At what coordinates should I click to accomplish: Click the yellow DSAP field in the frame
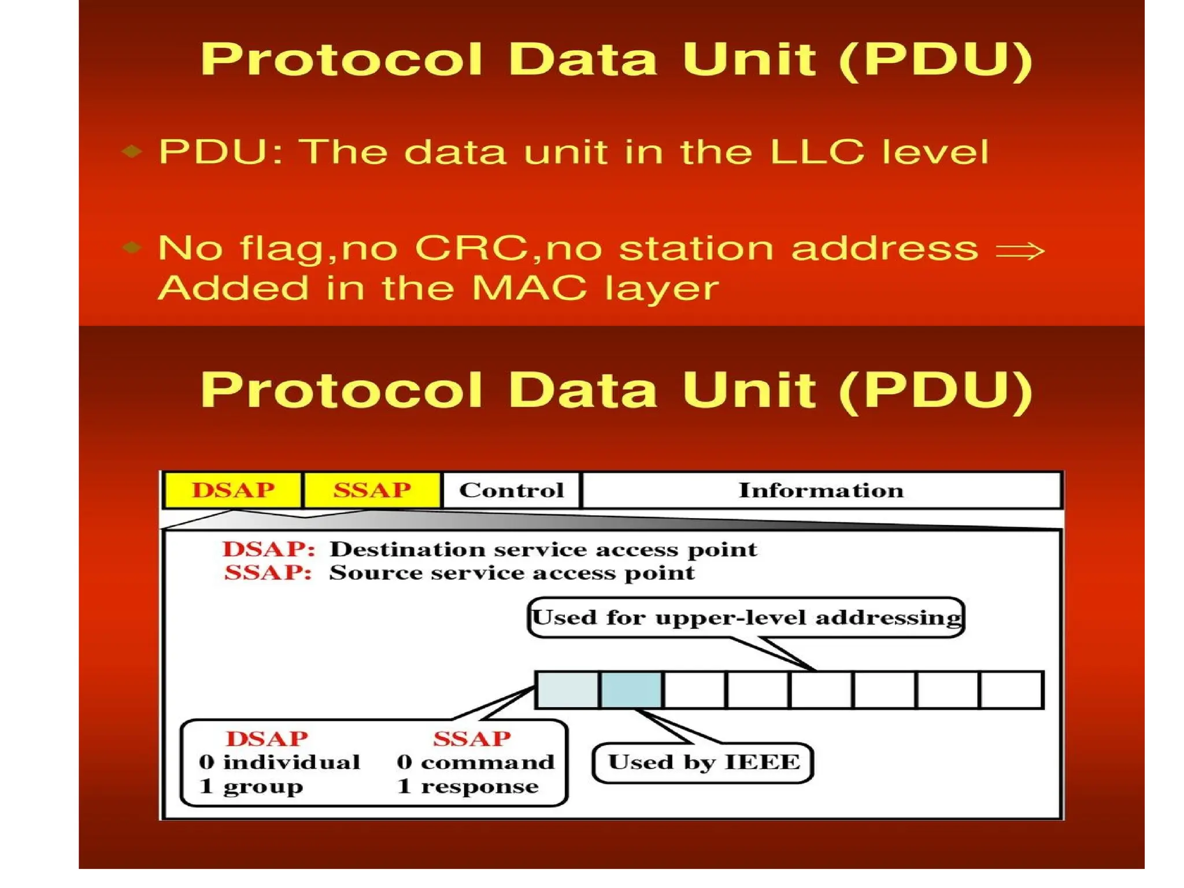[233, 490]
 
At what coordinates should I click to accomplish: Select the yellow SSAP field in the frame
[372, 490]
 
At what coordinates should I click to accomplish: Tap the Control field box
[511, 490]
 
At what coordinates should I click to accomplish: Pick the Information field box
[821, 490]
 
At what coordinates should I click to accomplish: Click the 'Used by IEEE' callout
[703, 763]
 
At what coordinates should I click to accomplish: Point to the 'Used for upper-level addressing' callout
[746, 617]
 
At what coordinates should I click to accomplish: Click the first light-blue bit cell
[567, 690]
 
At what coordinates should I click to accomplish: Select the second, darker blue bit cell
[631, 690]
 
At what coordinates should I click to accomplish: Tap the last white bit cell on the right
[1012, 690]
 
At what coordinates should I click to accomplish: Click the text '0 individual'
[279, 763]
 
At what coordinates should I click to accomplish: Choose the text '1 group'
[251, 787]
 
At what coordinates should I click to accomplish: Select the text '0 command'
[475, 763]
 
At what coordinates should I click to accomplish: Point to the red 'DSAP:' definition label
[269, 549]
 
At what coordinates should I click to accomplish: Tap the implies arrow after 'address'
[1020, 250]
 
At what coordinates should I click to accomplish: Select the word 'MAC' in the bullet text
[529, 287]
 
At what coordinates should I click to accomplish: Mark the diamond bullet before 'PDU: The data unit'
[132, 151]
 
